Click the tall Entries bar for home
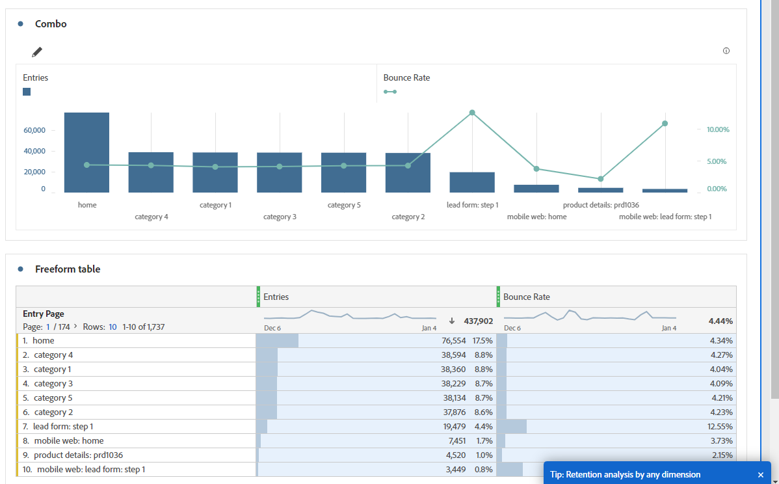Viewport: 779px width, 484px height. tap(86, 152)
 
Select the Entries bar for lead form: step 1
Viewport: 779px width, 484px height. tap(472, 182)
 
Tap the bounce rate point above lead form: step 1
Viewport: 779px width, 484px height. tap(472, 113)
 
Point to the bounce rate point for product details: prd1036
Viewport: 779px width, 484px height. tap(601, 179)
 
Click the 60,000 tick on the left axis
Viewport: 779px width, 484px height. tap(34, 130)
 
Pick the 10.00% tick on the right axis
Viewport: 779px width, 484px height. tap(718, 129)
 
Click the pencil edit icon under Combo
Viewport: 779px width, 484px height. tap(37, 52)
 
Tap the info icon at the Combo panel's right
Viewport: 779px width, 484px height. tap(726, 51)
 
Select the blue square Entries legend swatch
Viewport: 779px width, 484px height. tap(27, 92)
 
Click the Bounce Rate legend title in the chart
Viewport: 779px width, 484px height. tap(406, 77)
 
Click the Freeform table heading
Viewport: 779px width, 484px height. tap(68, 269)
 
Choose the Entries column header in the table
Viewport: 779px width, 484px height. tap(276, 297)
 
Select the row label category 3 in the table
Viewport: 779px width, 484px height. tap(53, 383)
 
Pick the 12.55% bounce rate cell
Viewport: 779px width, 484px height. tap(720, 426)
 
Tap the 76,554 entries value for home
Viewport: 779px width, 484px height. tap(453, 340)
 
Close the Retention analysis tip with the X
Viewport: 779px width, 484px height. tap(761, 475)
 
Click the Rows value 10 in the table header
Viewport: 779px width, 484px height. tap(112, 327)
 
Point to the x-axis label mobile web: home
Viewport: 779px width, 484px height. tap(536, 217)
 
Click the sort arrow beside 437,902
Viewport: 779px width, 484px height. tap(452, 321)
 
